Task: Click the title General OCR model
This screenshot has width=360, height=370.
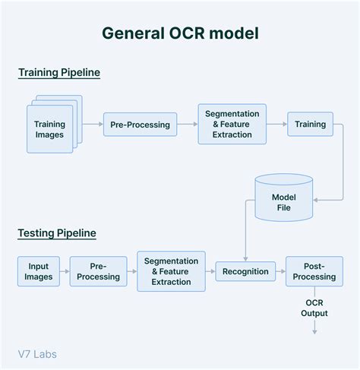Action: point(180,33)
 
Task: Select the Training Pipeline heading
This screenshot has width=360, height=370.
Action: point(59,73)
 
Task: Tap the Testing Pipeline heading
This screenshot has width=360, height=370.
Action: point(57,232)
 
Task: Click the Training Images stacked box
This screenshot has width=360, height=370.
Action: point(49,129)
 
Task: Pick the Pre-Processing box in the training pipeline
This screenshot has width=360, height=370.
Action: point(140,124)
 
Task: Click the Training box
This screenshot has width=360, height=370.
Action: point(310,124)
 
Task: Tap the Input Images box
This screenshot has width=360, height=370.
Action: point(39,271)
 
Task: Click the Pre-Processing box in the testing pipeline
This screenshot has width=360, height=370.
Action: point(98,271)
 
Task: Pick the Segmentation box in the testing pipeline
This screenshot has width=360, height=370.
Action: point(171,271)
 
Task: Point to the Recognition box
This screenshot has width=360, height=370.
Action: point(246,271)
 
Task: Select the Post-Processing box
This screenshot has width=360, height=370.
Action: point(314,271)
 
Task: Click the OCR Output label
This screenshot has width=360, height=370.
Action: point(314,308)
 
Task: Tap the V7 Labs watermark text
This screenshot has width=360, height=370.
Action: point(37,353)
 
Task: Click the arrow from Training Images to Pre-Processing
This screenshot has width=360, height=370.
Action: point(92,124)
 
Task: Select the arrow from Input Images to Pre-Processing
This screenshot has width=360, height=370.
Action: point(65,271)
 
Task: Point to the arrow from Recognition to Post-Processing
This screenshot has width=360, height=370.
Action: point(280,271)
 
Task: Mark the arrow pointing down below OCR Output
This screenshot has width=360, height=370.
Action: point(314,327)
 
